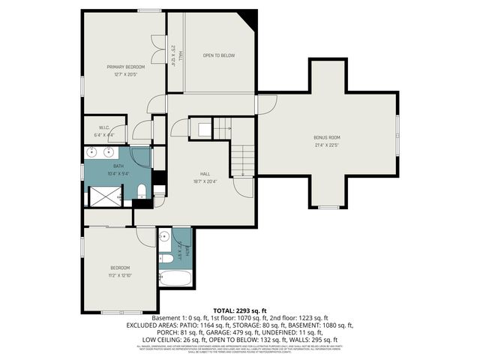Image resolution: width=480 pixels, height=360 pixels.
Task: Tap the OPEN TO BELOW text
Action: (218, 55)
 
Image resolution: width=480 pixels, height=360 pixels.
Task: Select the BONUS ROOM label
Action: (326, 137)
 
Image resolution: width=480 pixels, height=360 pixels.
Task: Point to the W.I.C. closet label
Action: (104, 127)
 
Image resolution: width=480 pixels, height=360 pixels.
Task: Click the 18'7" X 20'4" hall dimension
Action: (204, 180)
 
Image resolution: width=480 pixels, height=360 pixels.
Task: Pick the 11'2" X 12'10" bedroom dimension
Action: (120, 275)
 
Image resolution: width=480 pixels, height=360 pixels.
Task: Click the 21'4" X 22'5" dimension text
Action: (326, 145)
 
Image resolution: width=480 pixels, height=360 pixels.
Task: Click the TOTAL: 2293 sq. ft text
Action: (239, 310)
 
